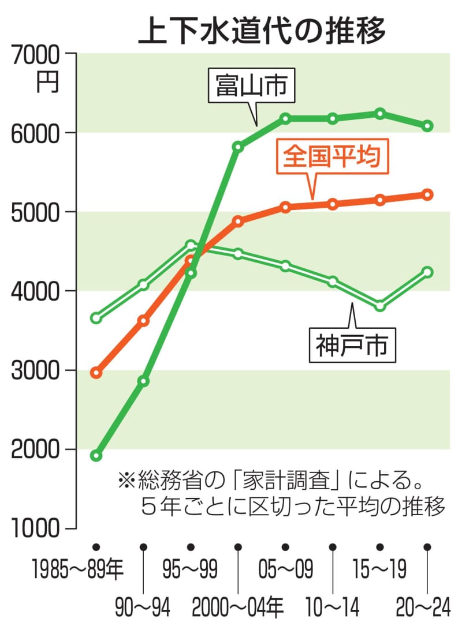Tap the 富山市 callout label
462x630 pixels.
click(x=251, y=87)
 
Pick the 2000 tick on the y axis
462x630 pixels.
click(x=35, y=449)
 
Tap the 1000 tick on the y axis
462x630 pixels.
click(x=35, y=528)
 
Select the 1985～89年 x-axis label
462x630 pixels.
click(x=78, y=571)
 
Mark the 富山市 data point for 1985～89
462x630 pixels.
click(x=96, y=456)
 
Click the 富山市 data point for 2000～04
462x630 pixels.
click(x=238, y=147)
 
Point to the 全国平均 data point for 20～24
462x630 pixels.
click(x=428, y=194)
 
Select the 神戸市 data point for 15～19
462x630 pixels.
click(x=380, y=306)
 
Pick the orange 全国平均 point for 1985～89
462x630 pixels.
click(x=96, y=373)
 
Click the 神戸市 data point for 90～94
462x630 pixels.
click(x=144, y=284)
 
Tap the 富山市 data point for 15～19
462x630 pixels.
click(x=380, y=114)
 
